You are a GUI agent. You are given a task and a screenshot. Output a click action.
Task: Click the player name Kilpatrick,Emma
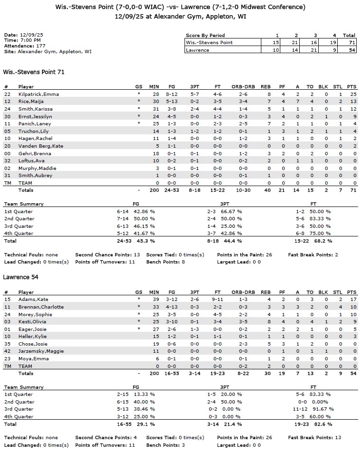38,94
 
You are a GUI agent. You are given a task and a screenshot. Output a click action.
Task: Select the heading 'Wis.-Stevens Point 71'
34,72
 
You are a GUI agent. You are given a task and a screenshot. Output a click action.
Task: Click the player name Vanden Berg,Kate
41,146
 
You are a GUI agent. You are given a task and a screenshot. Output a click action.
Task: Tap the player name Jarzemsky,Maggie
41,351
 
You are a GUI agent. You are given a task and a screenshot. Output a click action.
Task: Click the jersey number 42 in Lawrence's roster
7,351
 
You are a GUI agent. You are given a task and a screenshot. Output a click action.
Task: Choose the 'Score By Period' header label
205,35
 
